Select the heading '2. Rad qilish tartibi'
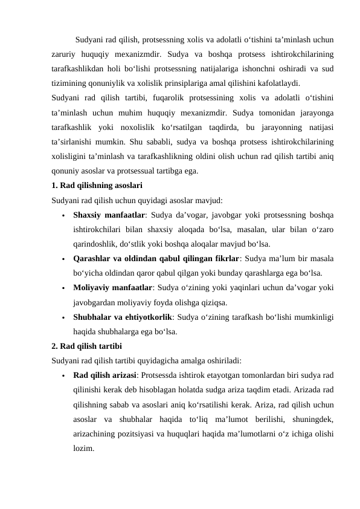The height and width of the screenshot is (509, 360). [87, 346]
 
